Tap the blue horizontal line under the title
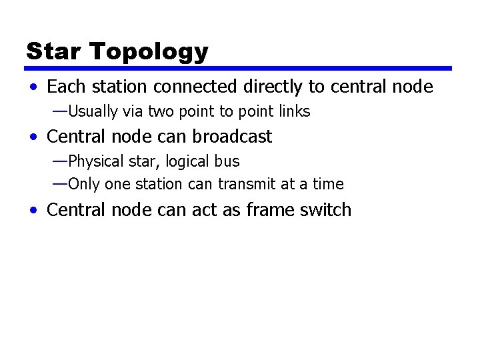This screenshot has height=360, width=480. [x=239, y=68]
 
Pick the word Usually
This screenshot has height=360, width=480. [x=93, y=111]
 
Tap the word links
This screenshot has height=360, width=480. [x=294, y=111]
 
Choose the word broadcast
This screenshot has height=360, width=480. [x=232, y=137]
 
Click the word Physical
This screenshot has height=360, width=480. [x=94, y=161]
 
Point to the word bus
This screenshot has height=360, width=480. [x=228, y=161]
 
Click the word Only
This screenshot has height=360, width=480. [x=83, y=184]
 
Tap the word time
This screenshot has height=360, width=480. [x=329, y=184]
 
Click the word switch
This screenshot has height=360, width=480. [x=325, y=210]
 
